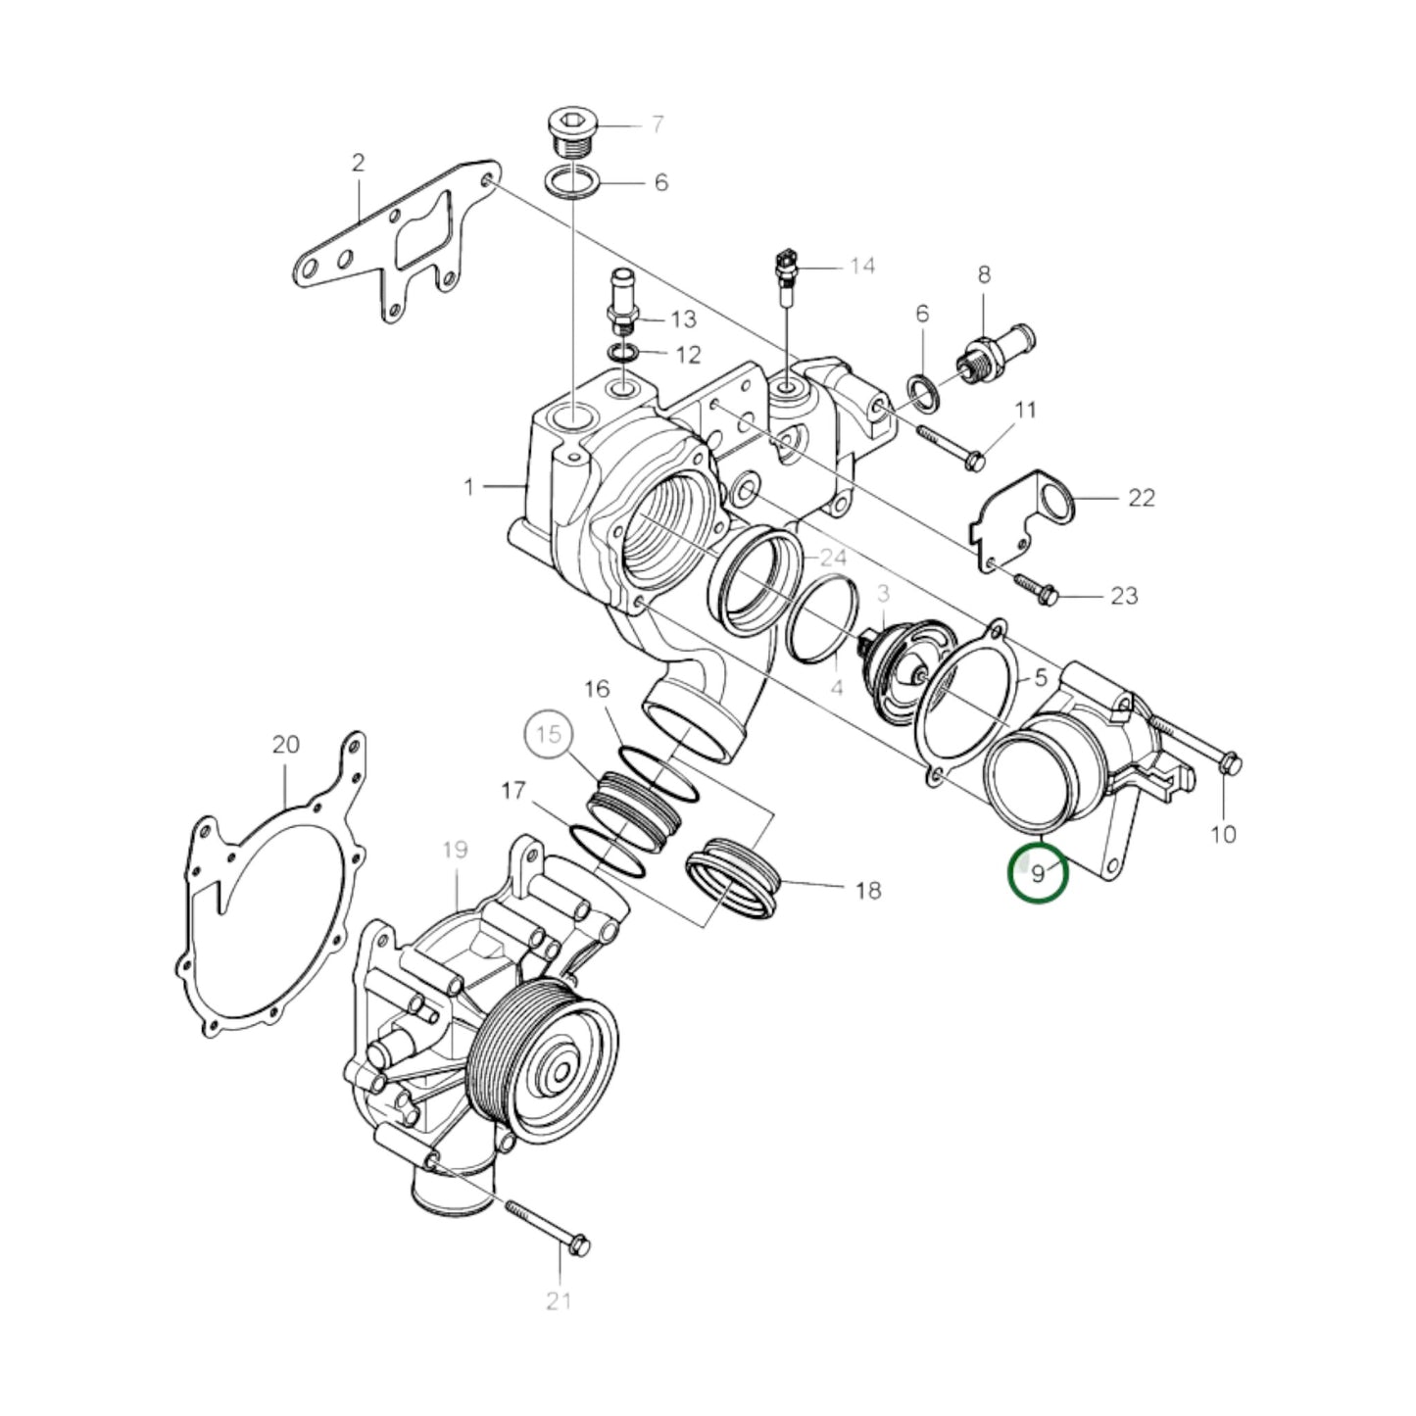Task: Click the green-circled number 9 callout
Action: click(1038, 871)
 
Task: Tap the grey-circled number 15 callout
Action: click(551, 734)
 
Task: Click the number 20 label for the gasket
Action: click(285, 745)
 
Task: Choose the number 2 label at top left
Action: click(358, 163)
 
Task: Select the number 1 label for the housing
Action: click(469, 486)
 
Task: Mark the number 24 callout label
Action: click(833, 558)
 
